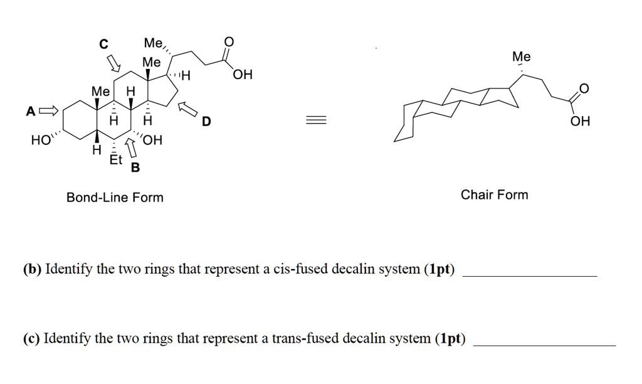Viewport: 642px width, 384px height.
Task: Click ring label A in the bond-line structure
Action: (x=30, y=112)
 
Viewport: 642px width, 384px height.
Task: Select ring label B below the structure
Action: (x=135, y=168)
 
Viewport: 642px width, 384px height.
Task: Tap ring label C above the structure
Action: (x=104, y=44)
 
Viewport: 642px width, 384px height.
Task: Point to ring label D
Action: (x=207, y=122)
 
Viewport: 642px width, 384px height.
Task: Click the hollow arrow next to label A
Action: (x=48, y=112)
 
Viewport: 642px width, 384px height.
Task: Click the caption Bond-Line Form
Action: (x=115, y=198)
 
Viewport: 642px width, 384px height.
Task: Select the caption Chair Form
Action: (x=495, y=195)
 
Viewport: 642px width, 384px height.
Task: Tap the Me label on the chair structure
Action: (x=521, y=57)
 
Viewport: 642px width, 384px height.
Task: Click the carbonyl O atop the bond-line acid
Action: (x=228, y=43)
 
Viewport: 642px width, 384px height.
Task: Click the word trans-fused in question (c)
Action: (x=308, y=339)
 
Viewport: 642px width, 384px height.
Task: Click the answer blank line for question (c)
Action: (x=544, y=344)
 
